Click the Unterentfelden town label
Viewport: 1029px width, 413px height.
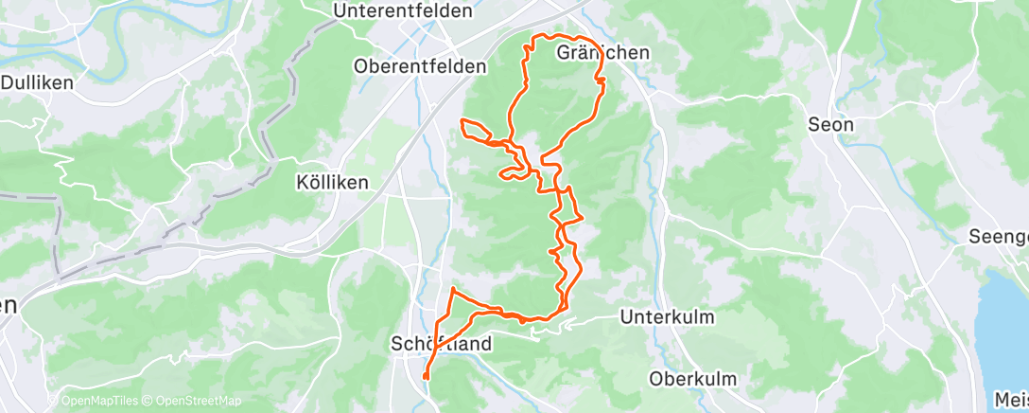tap(402, 11)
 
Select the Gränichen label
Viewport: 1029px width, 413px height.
tap(602, 53)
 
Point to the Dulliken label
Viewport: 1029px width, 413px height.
tap(38, 82)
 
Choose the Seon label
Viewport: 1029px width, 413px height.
tap(831, 124)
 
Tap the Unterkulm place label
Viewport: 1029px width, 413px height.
tap(667, 317)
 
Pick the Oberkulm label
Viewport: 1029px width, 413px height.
tap(693, 378)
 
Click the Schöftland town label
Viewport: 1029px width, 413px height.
tap(442, 345)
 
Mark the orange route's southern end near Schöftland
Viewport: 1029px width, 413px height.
tap(426, 377)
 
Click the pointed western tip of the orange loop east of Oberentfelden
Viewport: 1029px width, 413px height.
tap(462, 121)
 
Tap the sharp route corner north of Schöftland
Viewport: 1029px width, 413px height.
tap(454, 288)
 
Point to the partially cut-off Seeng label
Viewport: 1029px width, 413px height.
tap(998, 237)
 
